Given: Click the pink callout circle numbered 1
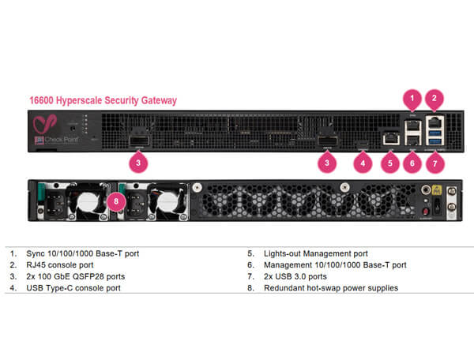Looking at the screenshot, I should click(411, 99).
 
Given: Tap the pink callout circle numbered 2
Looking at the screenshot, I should click(434, 99).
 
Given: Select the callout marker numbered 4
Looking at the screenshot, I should click(363, 163).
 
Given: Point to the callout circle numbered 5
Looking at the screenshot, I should click(387, 163).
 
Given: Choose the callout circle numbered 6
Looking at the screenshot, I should click(411, 163).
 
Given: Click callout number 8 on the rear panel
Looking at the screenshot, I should click(117, 201).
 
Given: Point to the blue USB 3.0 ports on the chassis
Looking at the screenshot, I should click(434, 137).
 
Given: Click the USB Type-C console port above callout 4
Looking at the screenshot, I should click(363, 143).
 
